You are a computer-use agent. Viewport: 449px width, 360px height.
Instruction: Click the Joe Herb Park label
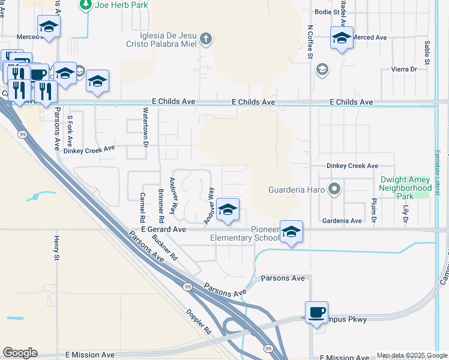[x=121, y=5]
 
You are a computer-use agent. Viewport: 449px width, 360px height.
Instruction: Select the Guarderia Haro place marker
[x=335, y=190]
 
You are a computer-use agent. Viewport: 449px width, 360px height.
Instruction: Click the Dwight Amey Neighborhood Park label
[x=405, y=188]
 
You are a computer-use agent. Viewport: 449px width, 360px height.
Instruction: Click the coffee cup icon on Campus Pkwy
[x=316, y=312]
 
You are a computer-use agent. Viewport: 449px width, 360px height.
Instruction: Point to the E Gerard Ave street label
[x=164, y=229]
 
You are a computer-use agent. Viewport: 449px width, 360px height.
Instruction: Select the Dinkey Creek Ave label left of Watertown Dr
[x=89, y=148]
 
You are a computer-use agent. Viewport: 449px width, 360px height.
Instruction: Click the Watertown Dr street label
[x=145, y=127]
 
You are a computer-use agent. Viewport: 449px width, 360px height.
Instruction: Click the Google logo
[x=20, y=353]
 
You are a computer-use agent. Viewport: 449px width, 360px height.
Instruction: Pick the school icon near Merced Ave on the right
[x=342, y=37]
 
